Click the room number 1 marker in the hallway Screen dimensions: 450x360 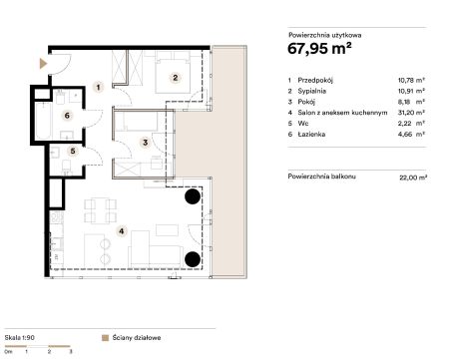coord(98,88)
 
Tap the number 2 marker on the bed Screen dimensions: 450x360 coord(175,78)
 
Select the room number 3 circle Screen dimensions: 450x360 coord(145,143)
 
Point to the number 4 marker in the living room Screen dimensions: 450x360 coord(122,231)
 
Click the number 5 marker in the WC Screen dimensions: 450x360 coord(73,152)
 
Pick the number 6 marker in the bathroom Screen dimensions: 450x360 coord(67,116)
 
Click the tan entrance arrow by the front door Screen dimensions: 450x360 coord(43,64)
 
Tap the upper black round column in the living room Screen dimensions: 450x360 coord(193,196)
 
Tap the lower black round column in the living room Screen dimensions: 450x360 coord(193,259)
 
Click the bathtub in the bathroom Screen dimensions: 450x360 coord(43,121)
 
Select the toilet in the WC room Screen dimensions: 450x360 coord(67,167)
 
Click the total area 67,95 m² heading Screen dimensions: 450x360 coord(319,49)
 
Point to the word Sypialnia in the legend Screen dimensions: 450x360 coord(311,91)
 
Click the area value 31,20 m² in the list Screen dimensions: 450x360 coord(411,113)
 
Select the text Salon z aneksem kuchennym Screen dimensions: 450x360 coord(342,113)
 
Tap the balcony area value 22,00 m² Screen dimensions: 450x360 coord(413,178)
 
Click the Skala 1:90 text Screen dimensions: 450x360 coord(20,338)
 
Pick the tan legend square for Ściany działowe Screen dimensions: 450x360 coord(105,338)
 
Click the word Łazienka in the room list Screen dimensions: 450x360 coord(311,135)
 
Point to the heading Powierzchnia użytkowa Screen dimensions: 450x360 coord(324,35)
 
